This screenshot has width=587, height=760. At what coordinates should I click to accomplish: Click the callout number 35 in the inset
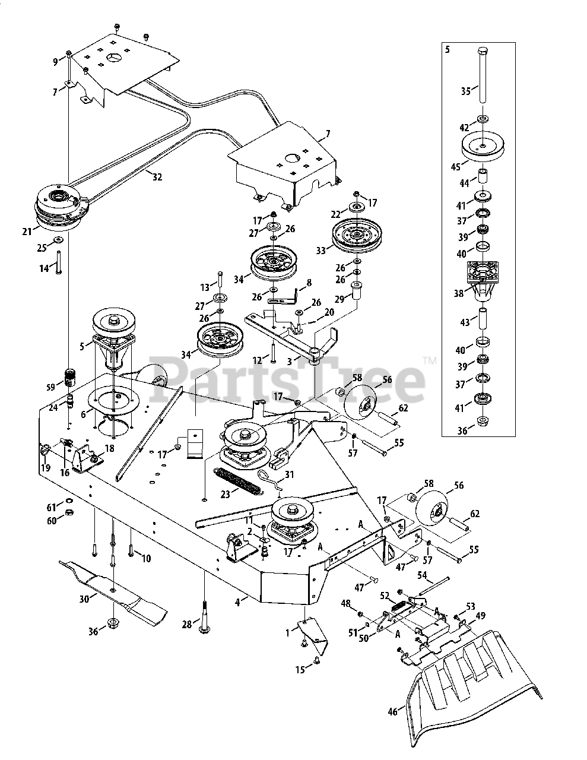466,91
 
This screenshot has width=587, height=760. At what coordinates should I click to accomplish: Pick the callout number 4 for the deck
237,602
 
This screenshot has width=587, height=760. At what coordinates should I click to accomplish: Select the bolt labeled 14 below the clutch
60,261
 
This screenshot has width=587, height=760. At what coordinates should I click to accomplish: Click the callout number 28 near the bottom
186,625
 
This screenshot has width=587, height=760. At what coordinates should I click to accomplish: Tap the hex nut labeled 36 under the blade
112,623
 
